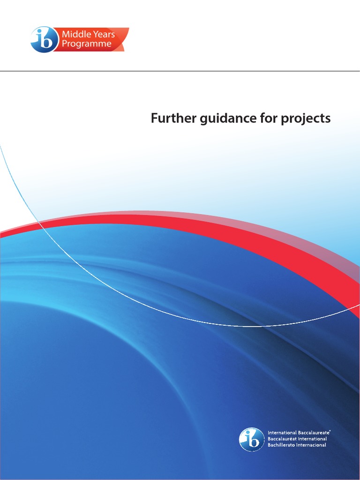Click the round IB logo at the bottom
click(x=252, y=440)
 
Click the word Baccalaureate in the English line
click(x=314, y=432)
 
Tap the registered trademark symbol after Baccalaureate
click(x=331, y=430)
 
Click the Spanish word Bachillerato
click(x=283, y=445)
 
